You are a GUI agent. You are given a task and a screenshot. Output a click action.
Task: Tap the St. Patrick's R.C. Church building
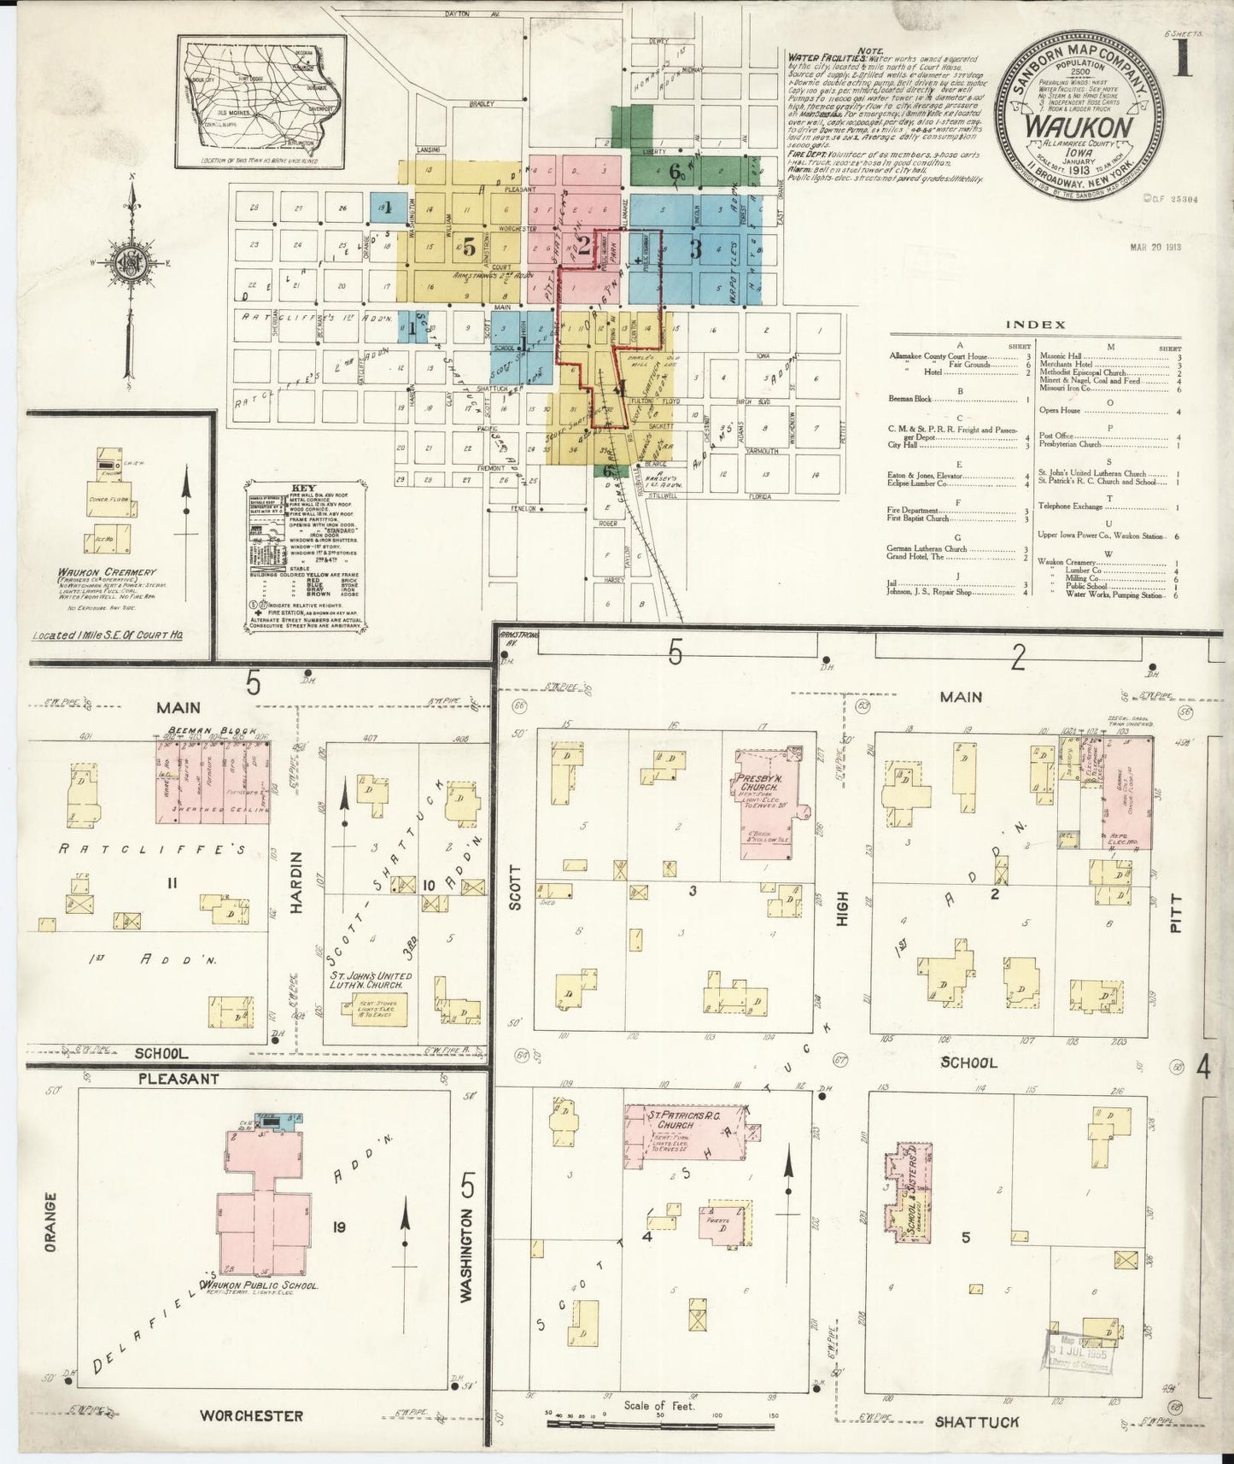coord(683,1131)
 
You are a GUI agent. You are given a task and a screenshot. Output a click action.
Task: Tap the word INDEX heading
coord(1035,325)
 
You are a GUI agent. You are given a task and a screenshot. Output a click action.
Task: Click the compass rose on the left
coord(131,261)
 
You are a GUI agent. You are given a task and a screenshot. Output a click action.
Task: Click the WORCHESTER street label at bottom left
coord(251,1415)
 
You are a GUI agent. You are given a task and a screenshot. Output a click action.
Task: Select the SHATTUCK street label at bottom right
coord(977,1422)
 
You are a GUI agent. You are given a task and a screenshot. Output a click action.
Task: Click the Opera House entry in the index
coord(1060,410)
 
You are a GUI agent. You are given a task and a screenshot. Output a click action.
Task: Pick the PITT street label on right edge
coord(1176,911)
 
